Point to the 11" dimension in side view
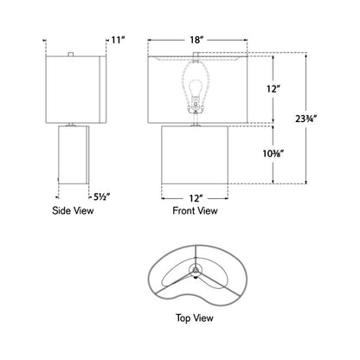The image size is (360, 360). point(119,40)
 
